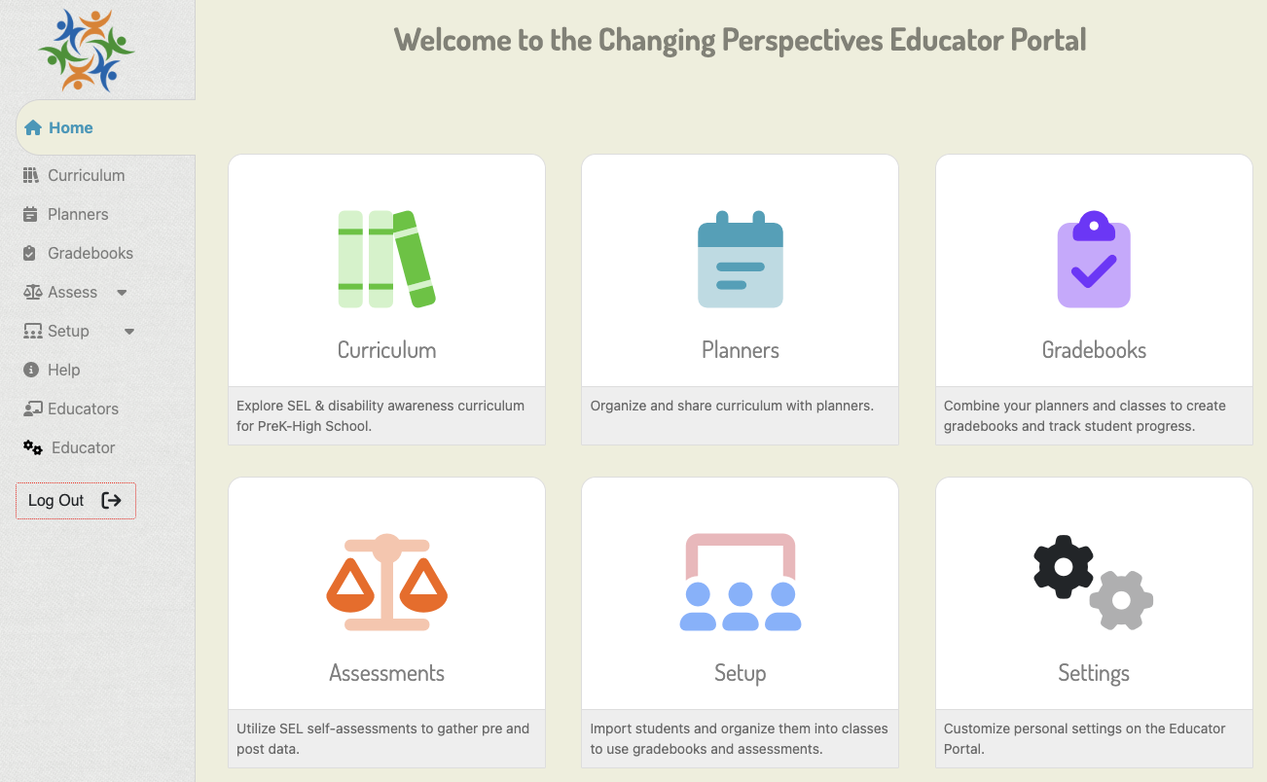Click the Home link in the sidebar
coord(58,127)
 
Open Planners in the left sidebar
coord(65,214)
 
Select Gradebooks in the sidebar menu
coord(78,253)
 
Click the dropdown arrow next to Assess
coord(122,293)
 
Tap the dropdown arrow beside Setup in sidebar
coord(129,332)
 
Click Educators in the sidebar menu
coord(71,409)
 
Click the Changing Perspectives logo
coord(87,51)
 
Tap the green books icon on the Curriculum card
coord(387,259)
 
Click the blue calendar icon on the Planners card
coord(741,259)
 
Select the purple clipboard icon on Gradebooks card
coord(1094,259)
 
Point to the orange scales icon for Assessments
coord(387,582)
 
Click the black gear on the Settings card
coord(1063,567)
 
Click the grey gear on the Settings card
coord(1121,600)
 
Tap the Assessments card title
coord(387,673)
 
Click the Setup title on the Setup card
coord(740,673)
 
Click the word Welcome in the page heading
coord(452,40)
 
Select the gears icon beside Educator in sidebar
coord(33,447)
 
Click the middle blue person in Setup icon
coord(741,606)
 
